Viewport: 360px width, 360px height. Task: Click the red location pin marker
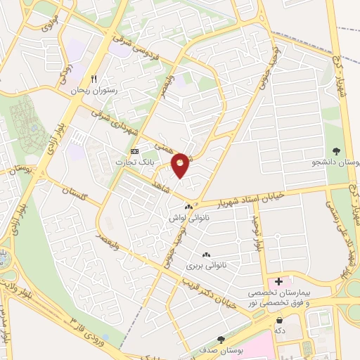coord(181,165)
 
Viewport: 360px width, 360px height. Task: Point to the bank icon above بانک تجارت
coord(135,151)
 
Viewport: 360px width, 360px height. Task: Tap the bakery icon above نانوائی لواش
coord(188,207)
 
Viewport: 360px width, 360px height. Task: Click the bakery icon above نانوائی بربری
coord(205,255)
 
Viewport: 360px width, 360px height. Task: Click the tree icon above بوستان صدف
coord(222,339)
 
